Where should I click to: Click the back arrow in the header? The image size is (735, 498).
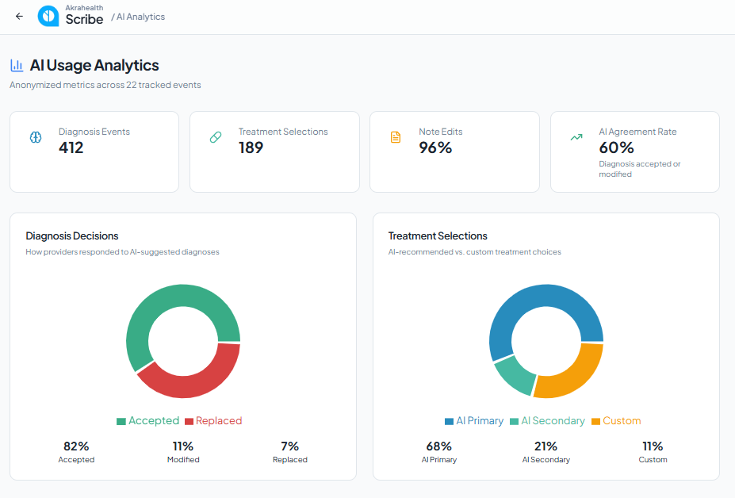(19, 17)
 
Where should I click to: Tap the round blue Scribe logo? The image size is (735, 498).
(48, 16)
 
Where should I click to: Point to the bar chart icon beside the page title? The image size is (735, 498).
(17, 65)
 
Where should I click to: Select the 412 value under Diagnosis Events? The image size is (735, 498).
(71, 147)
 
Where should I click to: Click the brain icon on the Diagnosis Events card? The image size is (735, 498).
(36, 137)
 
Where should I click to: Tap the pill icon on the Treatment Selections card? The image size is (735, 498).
(216, 137)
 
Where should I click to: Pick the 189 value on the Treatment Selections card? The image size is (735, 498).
(251, 147)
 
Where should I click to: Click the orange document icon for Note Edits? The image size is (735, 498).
(396, 137)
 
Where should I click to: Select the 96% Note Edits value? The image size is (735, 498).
(435, 147)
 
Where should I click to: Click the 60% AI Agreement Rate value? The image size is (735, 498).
(616, 147)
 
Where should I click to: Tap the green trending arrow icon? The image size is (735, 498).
(576, 137)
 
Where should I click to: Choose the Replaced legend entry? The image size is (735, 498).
(213, 420)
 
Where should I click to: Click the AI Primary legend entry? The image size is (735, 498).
(474, 420)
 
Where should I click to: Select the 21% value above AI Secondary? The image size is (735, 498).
(546, 446)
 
